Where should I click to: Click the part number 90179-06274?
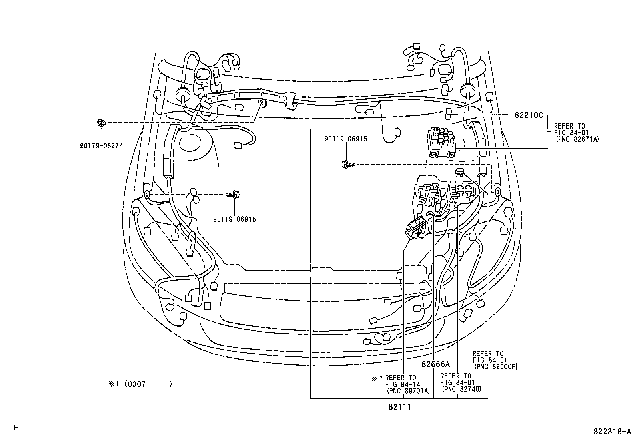click(x=101, y=146)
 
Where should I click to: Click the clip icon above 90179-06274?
click(x=101, y=123)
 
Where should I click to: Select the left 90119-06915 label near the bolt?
click(x=234, y=219)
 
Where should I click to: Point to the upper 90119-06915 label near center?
click(x=345, y=139)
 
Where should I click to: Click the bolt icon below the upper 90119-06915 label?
click(x=347, y=164)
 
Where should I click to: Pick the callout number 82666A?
click(x=435, y=364)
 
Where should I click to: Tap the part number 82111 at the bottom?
click(x=399, y=407)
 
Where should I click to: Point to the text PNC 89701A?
click(x=408, y=391)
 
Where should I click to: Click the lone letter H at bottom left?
click(x=16, y=428)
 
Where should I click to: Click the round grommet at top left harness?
click(x=182, y=94)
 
